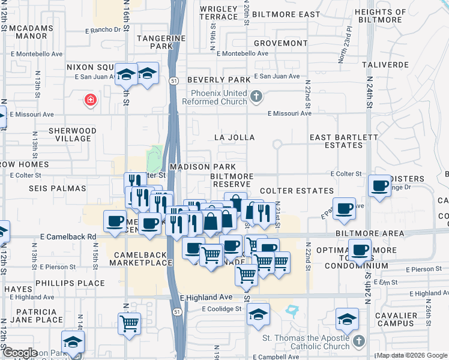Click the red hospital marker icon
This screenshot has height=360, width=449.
point(90,99)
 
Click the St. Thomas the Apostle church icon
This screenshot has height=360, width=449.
point(358,341)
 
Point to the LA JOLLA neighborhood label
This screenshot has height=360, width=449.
point(235,137)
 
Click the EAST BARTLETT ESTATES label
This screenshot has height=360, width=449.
point(344,141)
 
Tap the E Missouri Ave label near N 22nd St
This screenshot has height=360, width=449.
point(289,113)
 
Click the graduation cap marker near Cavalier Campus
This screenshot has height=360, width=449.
point(347,319)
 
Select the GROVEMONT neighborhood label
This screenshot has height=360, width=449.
point(280,43)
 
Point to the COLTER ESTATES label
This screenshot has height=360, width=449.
point(297,191)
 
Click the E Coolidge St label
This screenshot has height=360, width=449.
point(221,309)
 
